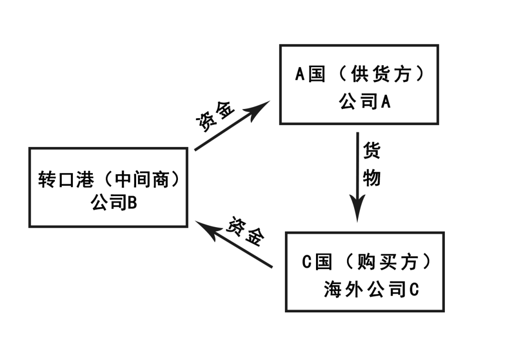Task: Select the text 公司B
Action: pos(114,203)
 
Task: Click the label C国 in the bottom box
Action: pos(316,262)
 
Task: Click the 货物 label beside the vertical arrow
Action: pos(371,164)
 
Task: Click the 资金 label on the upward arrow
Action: pos(215,117)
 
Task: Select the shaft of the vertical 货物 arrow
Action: pos(358,165)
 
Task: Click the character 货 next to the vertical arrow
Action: pos(371,151)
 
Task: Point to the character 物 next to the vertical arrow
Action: pos(371,178)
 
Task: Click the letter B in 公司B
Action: pos(132,203)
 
